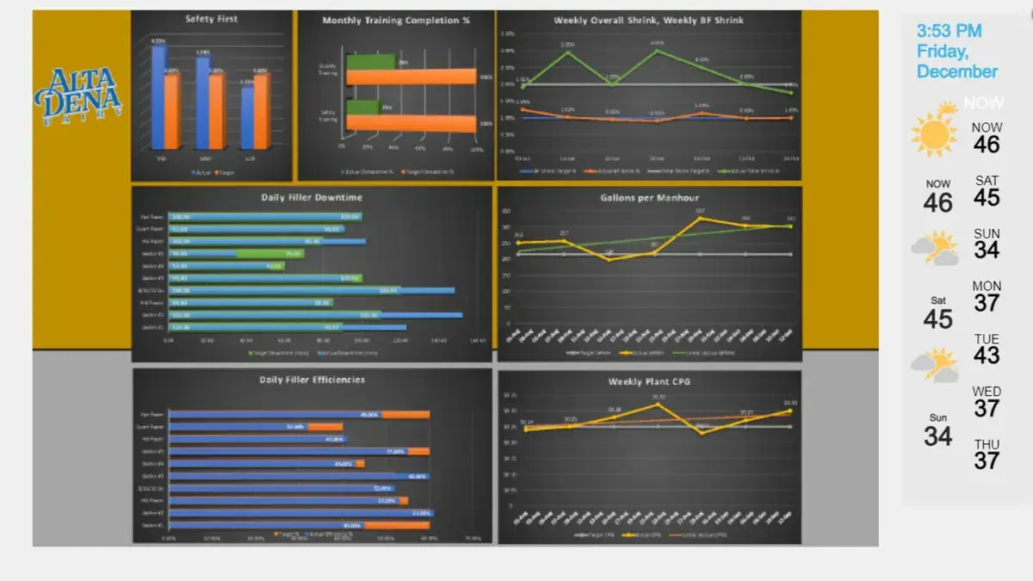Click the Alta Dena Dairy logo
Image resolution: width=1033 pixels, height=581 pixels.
(x=78, y=93)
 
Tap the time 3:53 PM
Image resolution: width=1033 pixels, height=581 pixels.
(x=949, y=31)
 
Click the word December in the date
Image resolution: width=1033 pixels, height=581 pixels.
(x=957, y=71)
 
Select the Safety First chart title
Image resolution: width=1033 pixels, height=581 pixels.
(x=212, y=19)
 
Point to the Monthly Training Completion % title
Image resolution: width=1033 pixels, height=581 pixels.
(x=396, y=21)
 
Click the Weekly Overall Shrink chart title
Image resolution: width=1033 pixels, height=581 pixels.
(x=648, y=20)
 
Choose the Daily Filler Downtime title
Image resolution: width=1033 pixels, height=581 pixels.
(x=312, y=198)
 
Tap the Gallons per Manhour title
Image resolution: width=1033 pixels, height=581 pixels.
(x=649, y=198)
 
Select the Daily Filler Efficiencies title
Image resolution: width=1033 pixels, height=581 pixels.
(x=312, y=380)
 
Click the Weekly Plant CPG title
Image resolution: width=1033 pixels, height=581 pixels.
(x=649, y=381)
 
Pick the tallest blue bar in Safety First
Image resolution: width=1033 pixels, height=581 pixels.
(x=158, y=96)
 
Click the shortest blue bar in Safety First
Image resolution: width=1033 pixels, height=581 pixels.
(x=247, y=117)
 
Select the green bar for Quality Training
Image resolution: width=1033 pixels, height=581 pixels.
(x=370, y=62)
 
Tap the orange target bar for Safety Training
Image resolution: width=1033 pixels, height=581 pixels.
(x=411, y=123)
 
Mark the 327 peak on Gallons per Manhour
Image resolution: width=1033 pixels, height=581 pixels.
(x=700, y=218)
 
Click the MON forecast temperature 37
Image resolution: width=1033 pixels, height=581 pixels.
(x=987, y=302)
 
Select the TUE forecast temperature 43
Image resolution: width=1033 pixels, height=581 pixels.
(x=987, y=355)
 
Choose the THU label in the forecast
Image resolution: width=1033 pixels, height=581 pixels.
(x=987, y=444)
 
